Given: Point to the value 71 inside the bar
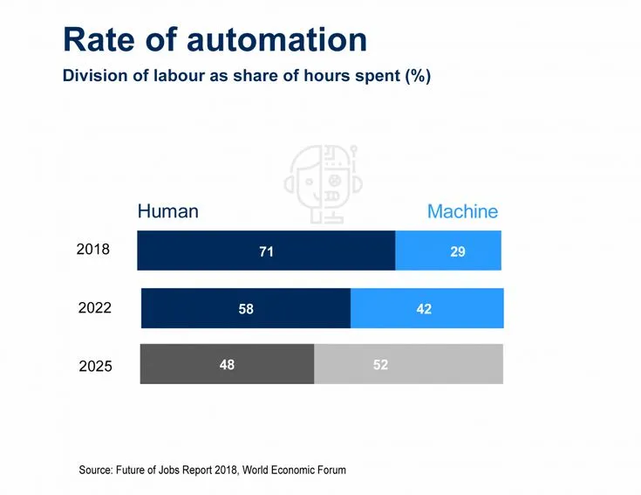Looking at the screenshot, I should click(x=267, y=251).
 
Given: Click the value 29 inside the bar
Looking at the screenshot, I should click(x=458, y=251).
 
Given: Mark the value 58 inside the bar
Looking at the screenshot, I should click(x=246, y=309).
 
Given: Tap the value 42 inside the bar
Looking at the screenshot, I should click(x=424, y=309).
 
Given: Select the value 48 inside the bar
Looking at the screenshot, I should click(x=227, y=365).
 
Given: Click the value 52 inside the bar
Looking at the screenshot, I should click(x=380, y=365).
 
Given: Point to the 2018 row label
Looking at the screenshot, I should click(x=93, y=250).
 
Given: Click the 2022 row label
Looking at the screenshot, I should click(x=95, y=307).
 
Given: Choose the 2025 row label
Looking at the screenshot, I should click(x=96, y=366).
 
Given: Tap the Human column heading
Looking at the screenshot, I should click(x=168, y=211).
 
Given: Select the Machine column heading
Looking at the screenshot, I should click(x=462, y=211).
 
